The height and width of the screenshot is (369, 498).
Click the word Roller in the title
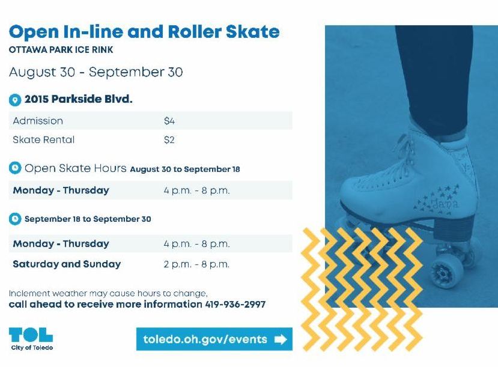pyautogui.click(x=195, y=32)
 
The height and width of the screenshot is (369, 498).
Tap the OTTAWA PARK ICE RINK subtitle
pyautogui.click(x=61, y=50)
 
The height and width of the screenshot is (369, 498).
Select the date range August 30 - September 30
pyautogui.click(x=96, y=72)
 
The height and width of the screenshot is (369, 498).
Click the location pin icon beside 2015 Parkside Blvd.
pyautogui.click(x=15, y=100)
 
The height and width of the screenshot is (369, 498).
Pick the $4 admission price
pyautogui.click(x=169, y=121)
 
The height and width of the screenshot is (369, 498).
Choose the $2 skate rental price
pyautogui.click(x=169, y=140)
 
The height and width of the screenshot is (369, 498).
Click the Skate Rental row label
pyautogui.click(x=44, y=140)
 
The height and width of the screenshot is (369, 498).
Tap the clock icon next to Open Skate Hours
pyautogui.click(x=15, y=168)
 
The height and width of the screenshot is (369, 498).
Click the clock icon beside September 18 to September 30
pyautogui.click(x=15, y=219)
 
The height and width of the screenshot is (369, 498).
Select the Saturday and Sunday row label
pyautogui.click(x=67, y=264)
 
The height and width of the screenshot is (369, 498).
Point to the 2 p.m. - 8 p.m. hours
pyautogui.click(x=196, y=264)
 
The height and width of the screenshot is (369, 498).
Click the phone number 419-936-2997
pyautogui.click(x=235, y=305)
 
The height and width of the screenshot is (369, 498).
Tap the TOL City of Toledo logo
pyautogui.click(x=31, y=339)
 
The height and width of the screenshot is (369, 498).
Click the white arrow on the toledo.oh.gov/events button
pyautogui.click(x=281, y=340)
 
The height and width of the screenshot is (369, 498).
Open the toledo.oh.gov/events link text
pyautogui.click(x=205, y=340)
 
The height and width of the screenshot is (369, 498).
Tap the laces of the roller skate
pyautogui.click(x=397, y=162)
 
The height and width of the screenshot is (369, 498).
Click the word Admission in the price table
pyautogui.click(x=38, y=121)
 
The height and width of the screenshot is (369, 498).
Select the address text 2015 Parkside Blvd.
pyautogui.click(x=79, y=99)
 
